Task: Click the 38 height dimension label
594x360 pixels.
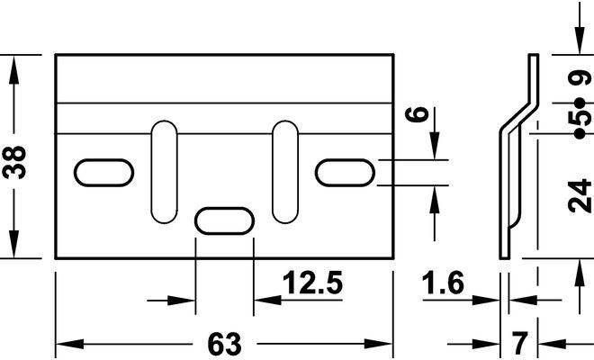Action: [x=14, y=162]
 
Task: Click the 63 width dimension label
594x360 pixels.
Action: [x=224, y=344]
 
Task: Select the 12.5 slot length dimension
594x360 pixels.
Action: [x=312, y=283]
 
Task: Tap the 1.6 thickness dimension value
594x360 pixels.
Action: [x=443, y=283]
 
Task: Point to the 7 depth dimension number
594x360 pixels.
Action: [x=520, y=343]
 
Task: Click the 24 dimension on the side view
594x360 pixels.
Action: [x=580, y=196]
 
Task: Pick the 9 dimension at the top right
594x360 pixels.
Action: [x=580, y=78]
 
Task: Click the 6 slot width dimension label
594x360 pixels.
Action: [x=417, y=114]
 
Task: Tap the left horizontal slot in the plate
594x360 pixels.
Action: [x=103, y=173]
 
